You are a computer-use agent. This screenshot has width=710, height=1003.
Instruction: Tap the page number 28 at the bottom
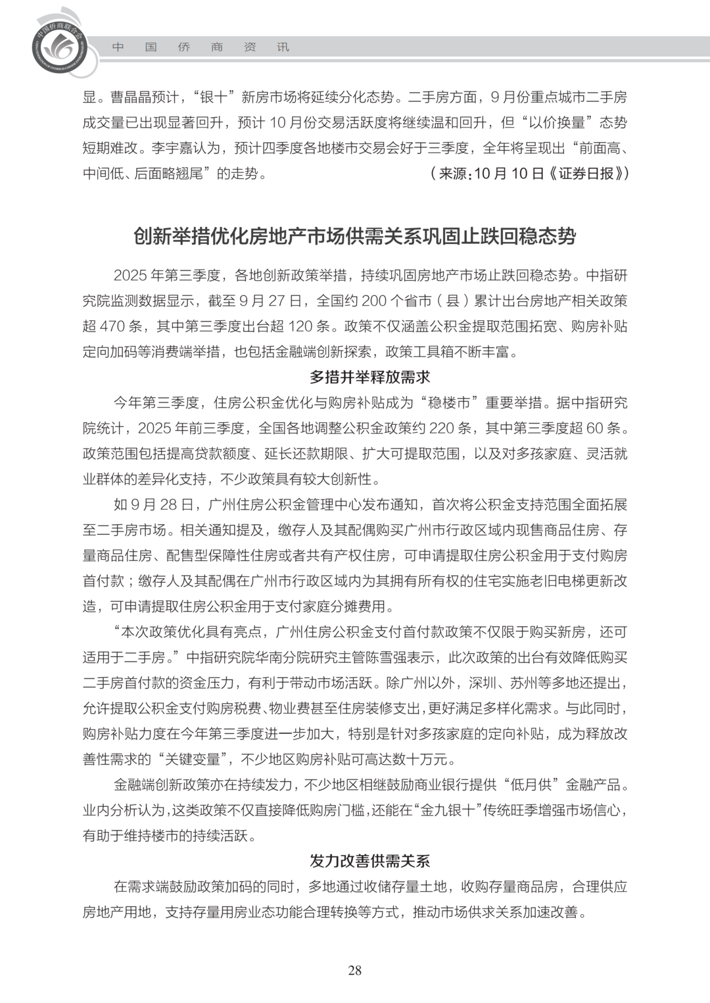pyautogui.click(x=355, y=970)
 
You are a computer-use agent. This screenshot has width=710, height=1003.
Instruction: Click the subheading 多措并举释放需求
pyautogui.click(x=369, y=378)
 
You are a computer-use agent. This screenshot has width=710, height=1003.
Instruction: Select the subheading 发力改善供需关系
pyautogui.click(x=369, y=861)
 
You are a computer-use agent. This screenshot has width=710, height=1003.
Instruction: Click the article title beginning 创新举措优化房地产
pyautogui.click(x=355, y=236)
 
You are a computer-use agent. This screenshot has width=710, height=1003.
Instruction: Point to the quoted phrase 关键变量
pyautogui.click(x=195, y=759)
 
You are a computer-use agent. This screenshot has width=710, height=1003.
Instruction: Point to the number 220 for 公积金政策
pyautogui.click(x=442, y=428)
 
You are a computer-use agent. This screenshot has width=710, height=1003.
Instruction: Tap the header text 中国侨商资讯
pyautogui.click(x=201, y=47)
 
